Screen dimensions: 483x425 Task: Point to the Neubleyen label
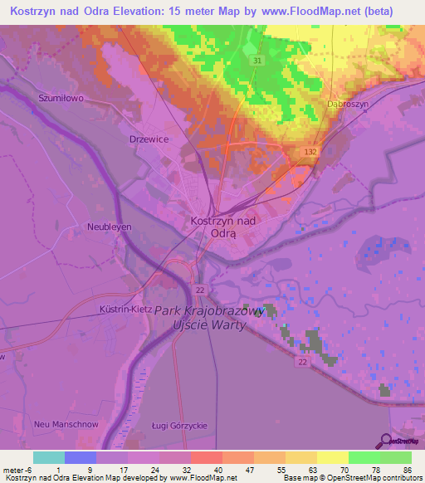[110, 226]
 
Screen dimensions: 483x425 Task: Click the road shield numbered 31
[258, 61]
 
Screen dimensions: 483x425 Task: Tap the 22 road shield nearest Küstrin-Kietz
[199, 288]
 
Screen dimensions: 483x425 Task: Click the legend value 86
[407, 470]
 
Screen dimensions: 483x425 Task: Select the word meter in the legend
[11, 470]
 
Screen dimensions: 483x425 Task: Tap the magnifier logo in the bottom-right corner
[386, 441]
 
